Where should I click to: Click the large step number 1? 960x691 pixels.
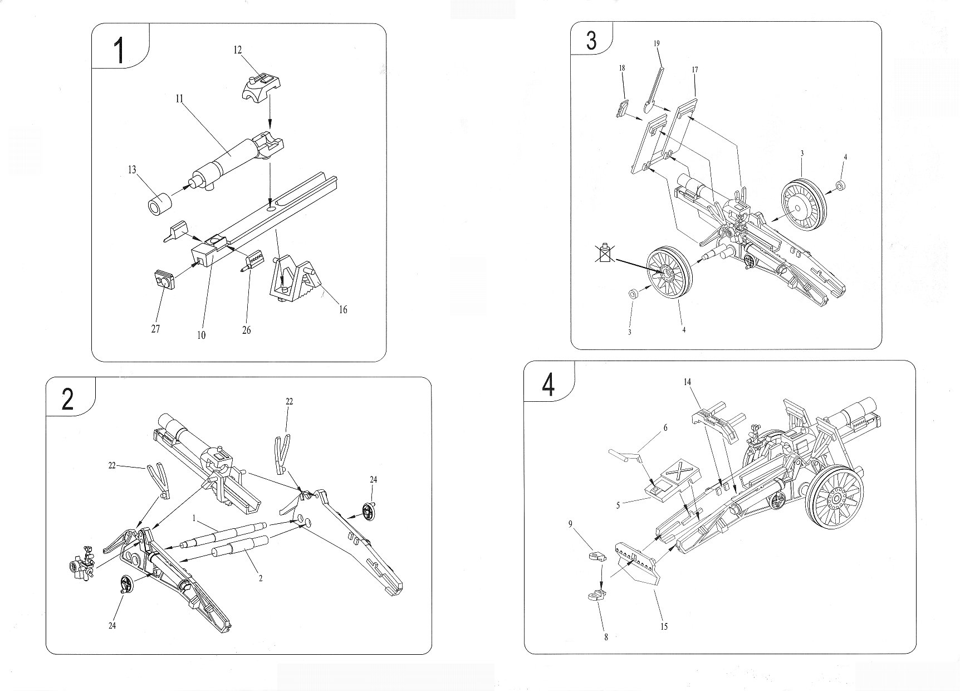[x=119, y=50]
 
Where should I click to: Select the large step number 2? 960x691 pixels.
[x=68, y=399]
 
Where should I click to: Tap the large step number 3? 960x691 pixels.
[x=592, y=41]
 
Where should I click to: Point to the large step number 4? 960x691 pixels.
[x=548, y=385]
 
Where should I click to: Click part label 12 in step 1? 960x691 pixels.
[x=238, y=50]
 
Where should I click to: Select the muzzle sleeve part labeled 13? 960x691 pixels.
[x=159, y=205]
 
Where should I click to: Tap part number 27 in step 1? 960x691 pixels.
[x=156, y=329]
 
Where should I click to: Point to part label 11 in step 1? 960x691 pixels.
[x=179, y=99]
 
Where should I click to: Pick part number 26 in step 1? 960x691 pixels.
[x=247, y=330]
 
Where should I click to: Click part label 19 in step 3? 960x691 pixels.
[x=657, y=43]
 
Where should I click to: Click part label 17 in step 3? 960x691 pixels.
[x=695, y=70]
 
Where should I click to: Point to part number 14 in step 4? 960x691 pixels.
[x=687, y=382]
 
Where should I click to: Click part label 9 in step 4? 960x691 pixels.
[x=570, y=524]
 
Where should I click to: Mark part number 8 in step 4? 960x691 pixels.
[x=606, y=637]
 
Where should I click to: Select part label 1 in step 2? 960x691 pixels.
[x=194, y=518]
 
